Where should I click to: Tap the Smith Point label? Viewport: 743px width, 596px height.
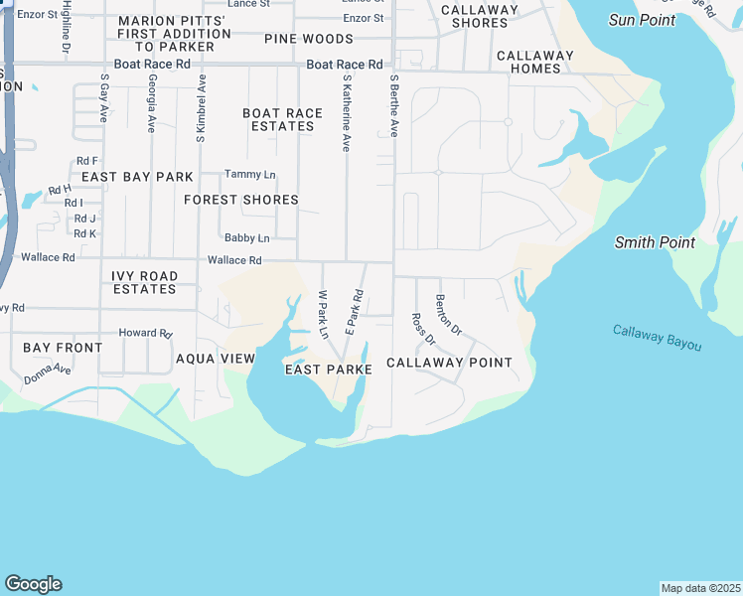tap(655, 241)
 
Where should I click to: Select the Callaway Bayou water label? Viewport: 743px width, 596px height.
tap(657, 338)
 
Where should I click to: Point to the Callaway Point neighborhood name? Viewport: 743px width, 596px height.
tap(449, 363)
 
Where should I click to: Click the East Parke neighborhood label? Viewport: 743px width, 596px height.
tap(328, 370)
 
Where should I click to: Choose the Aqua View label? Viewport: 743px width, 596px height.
tap(216, 359)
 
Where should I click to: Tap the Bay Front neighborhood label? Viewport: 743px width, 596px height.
tap(63, 348)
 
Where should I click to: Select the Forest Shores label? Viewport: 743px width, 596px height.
tap(241, 200)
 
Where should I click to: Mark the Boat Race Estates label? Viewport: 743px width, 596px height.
tap(283, 119)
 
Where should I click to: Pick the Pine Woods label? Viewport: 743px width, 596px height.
tap(309, 39)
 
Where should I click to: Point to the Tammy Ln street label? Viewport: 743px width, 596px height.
tap(249, 175)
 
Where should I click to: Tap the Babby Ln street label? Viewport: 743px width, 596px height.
tap(246, 238)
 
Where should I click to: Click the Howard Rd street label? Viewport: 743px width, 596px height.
tap(145, 334)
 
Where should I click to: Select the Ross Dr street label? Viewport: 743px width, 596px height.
tap(423, 329)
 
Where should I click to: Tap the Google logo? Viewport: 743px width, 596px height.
tap(33, 584)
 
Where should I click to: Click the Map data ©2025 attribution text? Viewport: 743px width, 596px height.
tap(700, 588)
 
